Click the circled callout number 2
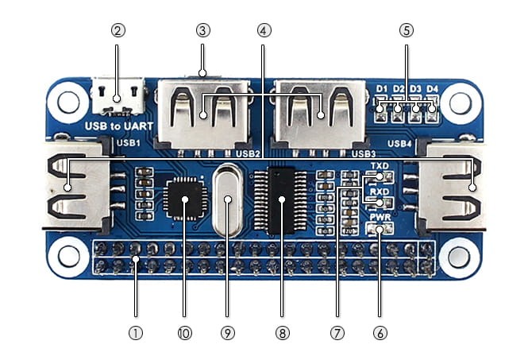[x=118, y=30]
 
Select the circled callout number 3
[x=202, y=30]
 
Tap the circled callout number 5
[x=406, y=30]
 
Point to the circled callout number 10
[x=185, y=333]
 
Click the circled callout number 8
[x=280, y=333]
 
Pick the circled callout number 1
[x=136, y=333]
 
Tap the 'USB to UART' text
[x=118, y=126]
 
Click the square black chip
[x=185, y=199]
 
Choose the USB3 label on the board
[x=364, y=153]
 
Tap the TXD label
[x=379, y=165]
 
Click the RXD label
[x=379, y=192]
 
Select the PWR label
[x=379, y=216]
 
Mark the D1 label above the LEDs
[x=382, y=88]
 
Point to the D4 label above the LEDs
[x=433, y=88]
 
